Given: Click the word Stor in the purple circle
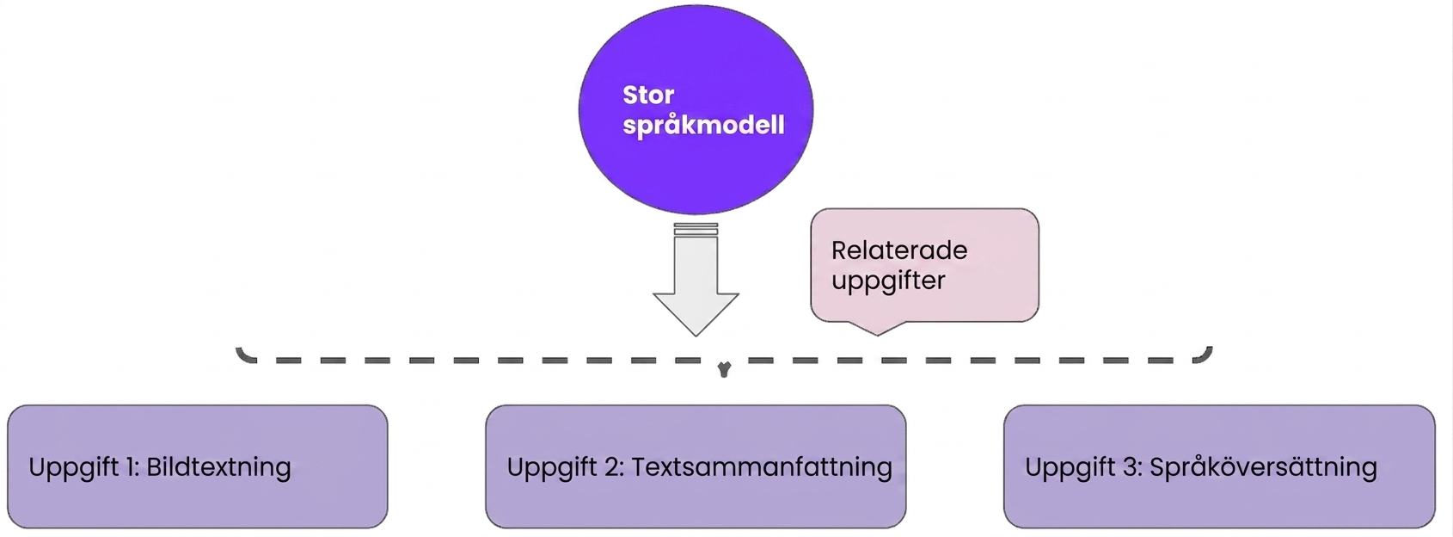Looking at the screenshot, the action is point(648,95).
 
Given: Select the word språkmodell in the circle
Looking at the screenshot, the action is point(703,126).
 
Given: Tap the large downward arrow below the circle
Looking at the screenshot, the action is point(696,279).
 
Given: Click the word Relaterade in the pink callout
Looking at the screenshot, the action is point(899,250).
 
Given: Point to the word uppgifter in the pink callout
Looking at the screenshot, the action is point(888,281).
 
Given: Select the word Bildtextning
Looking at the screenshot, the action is point(218,467).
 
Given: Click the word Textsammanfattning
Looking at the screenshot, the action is point(762,467).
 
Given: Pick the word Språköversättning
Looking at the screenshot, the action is point(1263,467).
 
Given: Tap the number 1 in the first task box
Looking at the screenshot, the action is point(131,467).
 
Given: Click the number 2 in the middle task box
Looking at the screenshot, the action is point(614,467).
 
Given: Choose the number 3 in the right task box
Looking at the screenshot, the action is point(1132,467).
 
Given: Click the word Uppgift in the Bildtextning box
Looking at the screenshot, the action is point(73,468).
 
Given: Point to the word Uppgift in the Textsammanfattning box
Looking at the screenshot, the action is point(552,468).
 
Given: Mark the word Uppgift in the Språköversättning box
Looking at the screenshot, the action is point(1070,468).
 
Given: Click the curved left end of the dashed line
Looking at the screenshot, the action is point(244,355).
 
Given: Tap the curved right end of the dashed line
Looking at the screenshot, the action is point(1205,355).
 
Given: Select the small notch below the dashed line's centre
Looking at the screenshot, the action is point(725,370).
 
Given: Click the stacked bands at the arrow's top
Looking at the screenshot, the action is point(696,229).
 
